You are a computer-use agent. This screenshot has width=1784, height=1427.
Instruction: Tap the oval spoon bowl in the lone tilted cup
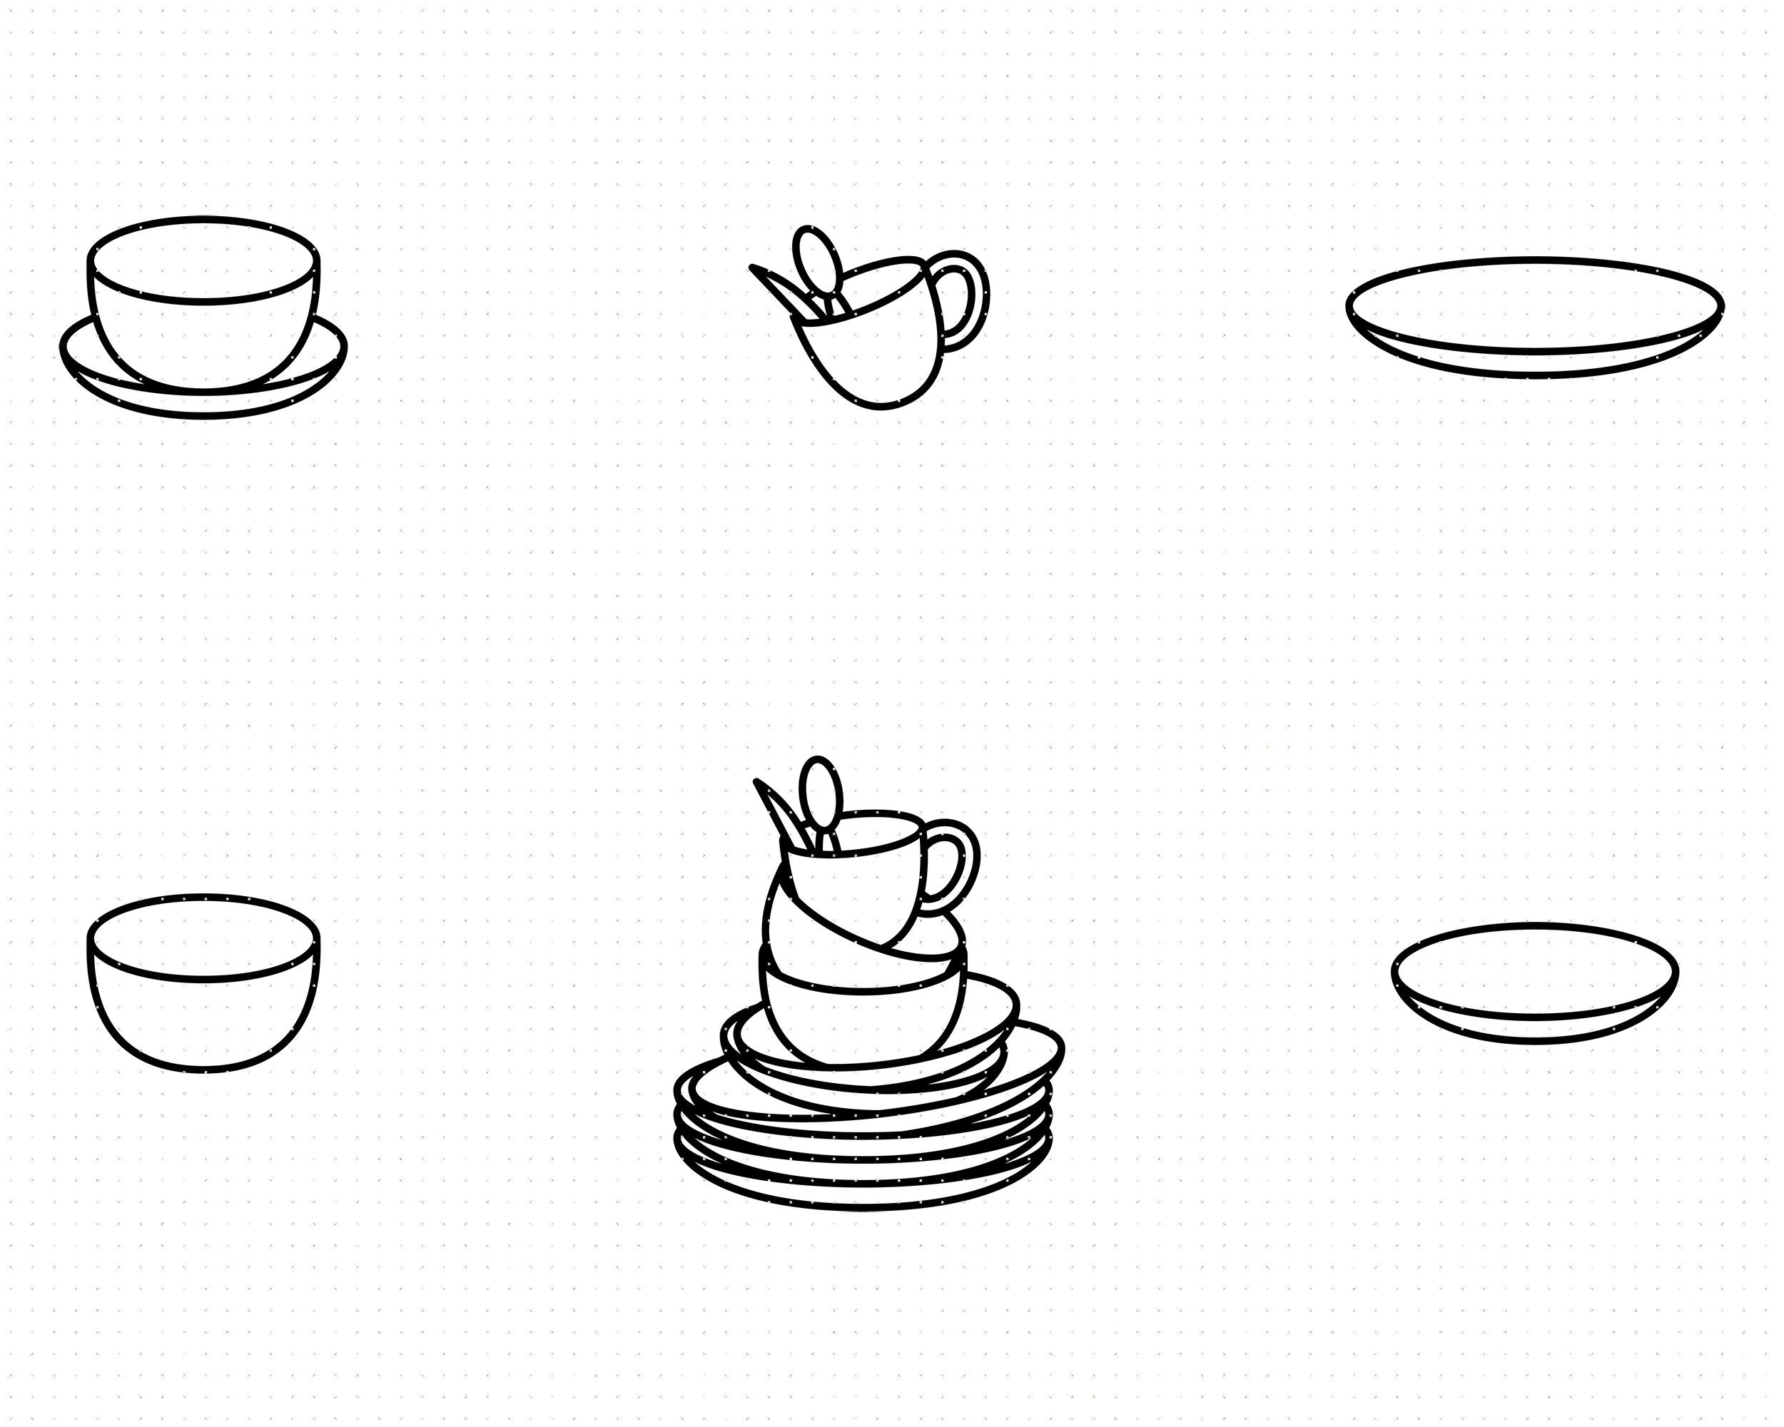point(816,259)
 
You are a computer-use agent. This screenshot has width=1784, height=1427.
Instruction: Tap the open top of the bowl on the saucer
point(203,260)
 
